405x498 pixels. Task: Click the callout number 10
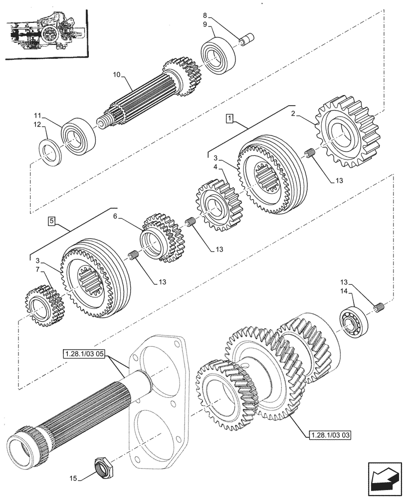pos(116,75)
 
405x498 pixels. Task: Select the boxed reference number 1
pos(228,118)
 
